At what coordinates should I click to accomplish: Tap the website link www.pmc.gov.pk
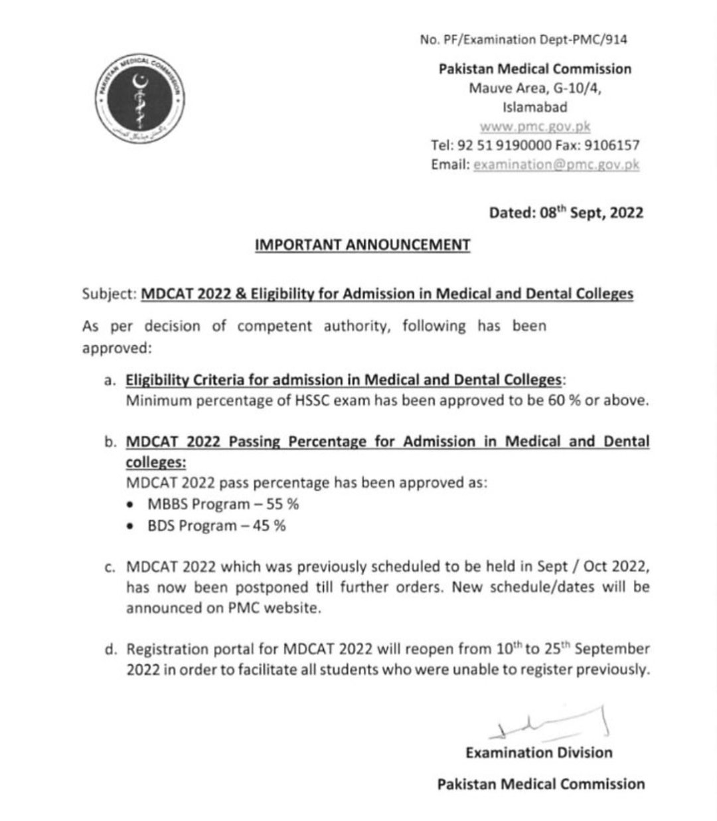534,126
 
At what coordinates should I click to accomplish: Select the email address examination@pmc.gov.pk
556,164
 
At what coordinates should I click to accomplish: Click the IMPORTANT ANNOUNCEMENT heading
362,245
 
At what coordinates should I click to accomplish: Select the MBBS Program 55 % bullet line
223,503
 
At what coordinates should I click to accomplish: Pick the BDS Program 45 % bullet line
216,525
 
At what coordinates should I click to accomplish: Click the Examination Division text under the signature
538,753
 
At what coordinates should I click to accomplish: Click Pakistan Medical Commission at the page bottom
540,784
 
